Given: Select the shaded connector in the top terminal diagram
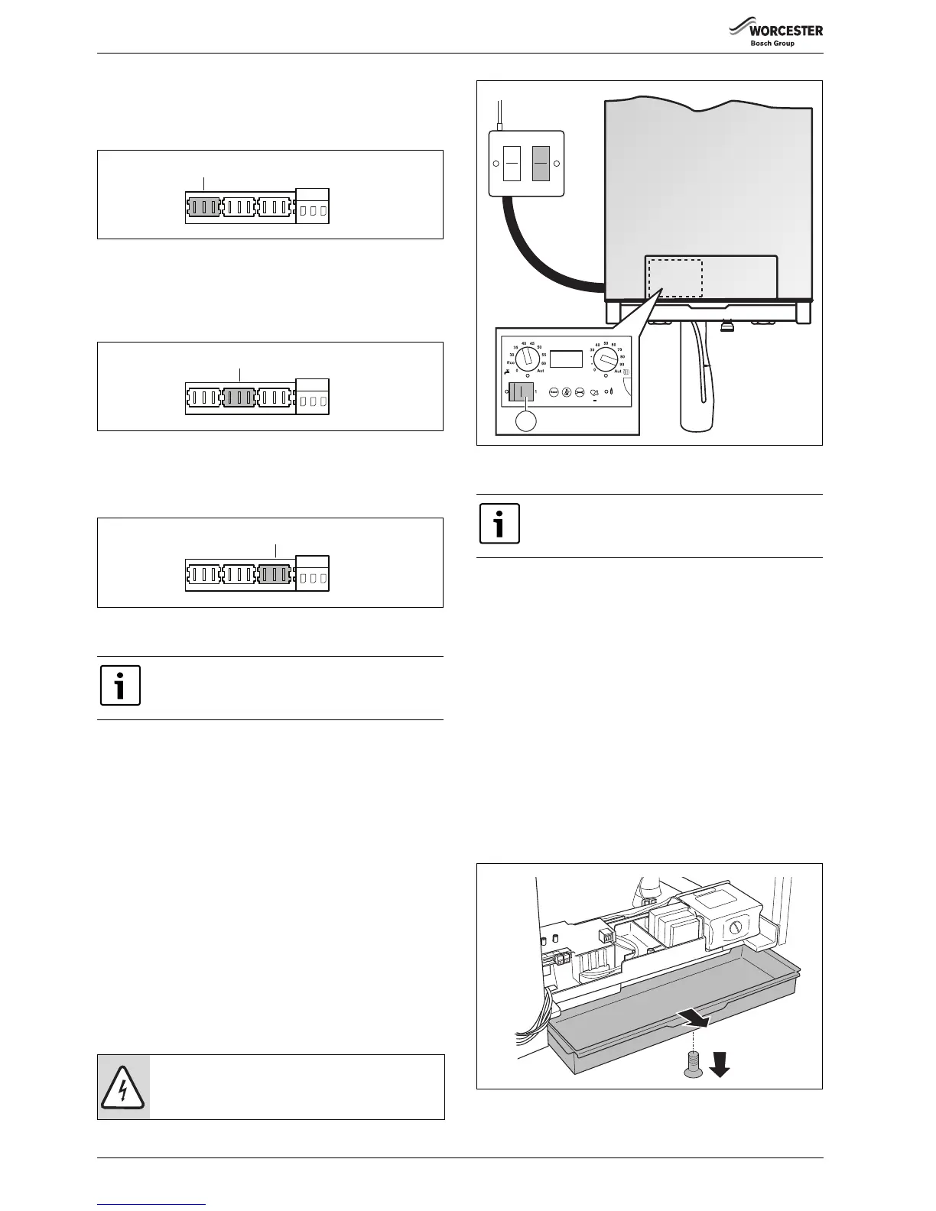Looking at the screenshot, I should tap(203, 206).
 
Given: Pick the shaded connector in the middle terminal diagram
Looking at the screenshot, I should tap(240, 398).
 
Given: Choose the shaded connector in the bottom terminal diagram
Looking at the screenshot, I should tap(275, 574).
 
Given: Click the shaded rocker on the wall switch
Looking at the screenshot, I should tap(541, 164).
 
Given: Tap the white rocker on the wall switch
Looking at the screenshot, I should tap(512, 164).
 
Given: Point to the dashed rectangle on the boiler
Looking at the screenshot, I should tap(675, 277).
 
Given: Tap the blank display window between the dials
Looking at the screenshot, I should tap(566, 359).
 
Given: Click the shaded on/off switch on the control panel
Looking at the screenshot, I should tap(521, 392).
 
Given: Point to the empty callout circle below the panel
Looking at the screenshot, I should tap(524, 421).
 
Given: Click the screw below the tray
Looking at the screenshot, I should tap(691, 1060).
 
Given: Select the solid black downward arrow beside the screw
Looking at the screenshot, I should tap(719, 1063).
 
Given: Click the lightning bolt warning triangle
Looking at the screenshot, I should tap(123, 1087).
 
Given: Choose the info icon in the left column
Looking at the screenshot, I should tap(121, 685).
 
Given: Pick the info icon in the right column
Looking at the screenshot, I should tap(499, 524).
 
